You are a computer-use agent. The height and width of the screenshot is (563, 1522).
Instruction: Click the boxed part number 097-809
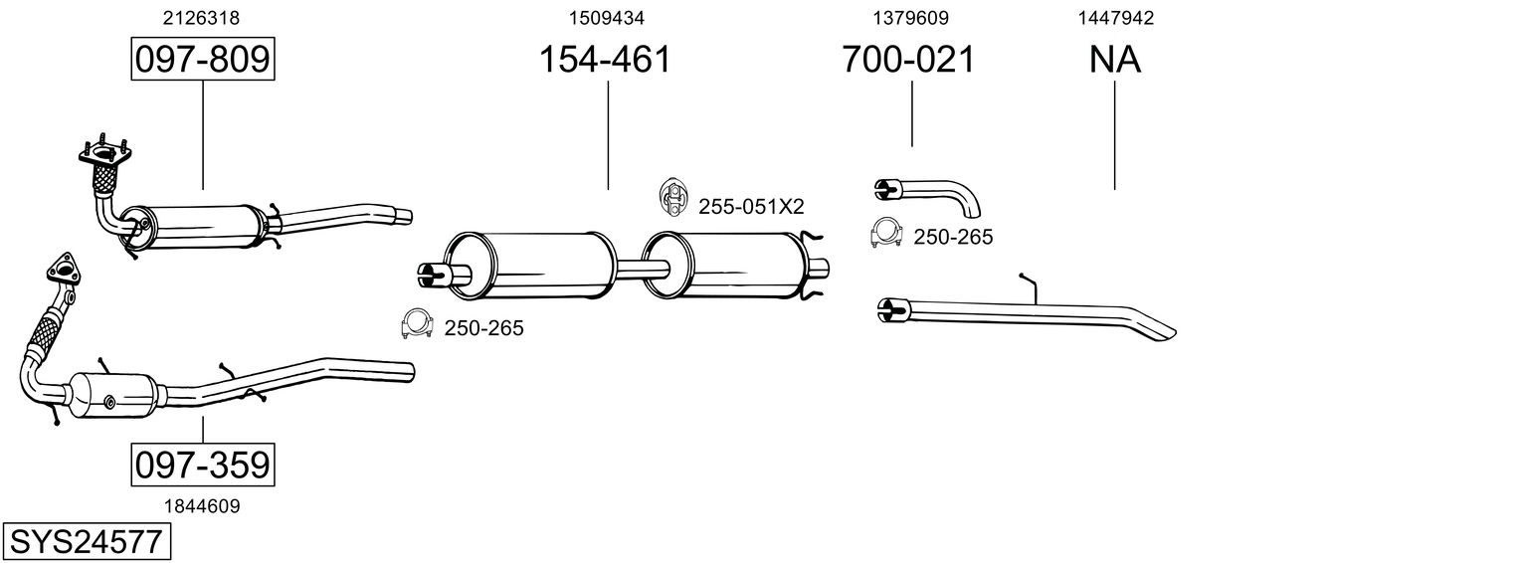(202, 60)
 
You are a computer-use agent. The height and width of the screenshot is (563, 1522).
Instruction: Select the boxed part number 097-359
(202, 465)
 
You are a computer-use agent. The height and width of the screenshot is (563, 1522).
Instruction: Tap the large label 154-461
(605, 60)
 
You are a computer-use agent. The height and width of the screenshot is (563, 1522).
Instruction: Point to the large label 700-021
(908, 60)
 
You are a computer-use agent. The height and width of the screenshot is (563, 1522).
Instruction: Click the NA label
(1114, 60)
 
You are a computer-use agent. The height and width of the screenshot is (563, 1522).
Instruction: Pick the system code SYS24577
(86, 542)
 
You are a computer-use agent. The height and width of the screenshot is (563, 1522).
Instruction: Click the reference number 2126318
(201, 17)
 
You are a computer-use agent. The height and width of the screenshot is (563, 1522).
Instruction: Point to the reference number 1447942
(1114, 17)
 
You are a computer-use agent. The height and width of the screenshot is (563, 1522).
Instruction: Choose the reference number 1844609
(202, 505)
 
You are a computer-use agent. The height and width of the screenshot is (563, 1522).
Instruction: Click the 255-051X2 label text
(750, 206)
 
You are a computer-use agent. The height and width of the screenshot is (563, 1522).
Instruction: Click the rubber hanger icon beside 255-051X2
(672, 198)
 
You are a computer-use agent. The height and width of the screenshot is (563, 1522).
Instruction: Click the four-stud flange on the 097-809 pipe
(103, 154)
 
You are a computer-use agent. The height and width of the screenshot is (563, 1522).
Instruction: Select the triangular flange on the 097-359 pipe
(64, 271)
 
